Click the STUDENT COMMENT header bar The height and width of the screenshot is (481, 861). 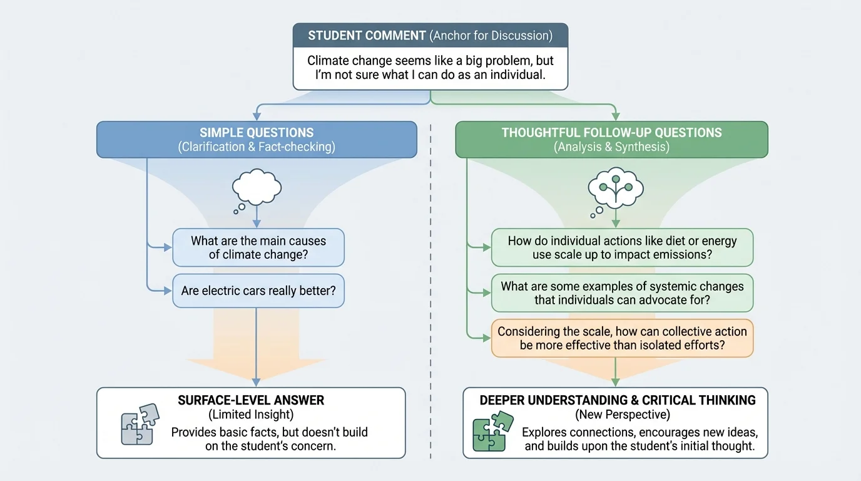(430, 36)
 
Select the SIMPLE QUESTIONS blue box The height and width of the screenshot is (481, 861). (257, 139)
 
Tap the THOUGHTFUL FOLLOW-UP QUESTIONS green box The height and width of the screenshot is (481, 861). (611, 139)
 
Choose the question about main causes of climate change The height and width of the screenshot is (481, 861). (258, 247)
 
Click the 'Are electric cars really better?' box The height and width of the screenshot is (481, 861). (258, 291)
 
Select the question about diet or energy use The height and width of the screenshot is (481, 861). (622, 247)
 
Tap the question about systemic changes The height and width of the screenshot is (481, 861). (622, 292)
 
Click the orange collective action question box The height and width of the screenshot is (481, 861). (622, 338)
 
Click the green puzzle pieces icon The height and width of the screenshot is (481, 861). (490, 430)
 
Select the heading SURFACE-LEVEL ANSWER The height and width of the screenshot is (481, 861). (251, 400)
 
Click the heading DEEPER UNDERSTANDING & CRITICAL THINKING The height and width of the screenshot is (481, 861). (618, 400)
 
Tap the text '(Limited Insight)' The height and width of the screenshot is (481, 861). (251, 415)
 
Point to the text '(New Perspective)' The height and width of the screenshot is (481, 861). (618, 415)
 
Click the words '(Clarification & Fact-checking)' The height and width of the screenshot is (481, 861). (257, 147)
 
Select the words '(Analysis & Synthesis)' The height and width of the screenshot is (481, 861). (611, 147)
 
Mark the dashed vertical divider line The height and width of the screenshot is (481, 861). (431, 282)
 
